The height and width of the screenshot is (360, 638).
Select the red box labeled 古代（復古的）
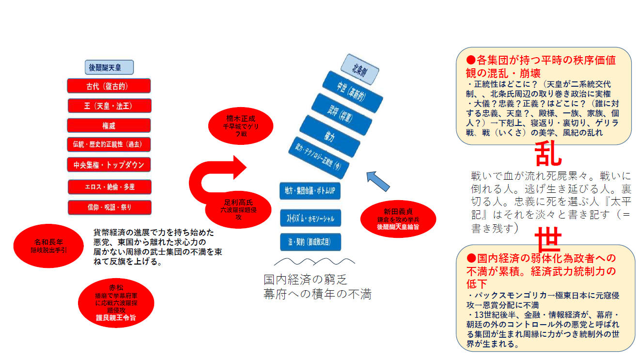[109, 86]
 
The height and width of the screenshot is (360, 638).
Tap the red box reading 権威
[109, 125]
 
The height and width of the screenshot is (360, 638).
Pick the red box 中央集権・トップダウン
[109, 164]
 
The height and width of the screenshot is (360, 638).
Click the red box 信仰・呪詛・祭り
[109, 207]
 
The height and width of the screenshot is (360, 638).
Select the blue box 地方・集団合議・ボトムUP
[310, 191]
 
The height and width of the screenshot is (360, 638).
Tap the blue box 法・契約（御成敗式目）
[310, 242]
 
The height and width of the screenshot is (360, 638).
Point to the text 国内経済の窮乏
[305, 280]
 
